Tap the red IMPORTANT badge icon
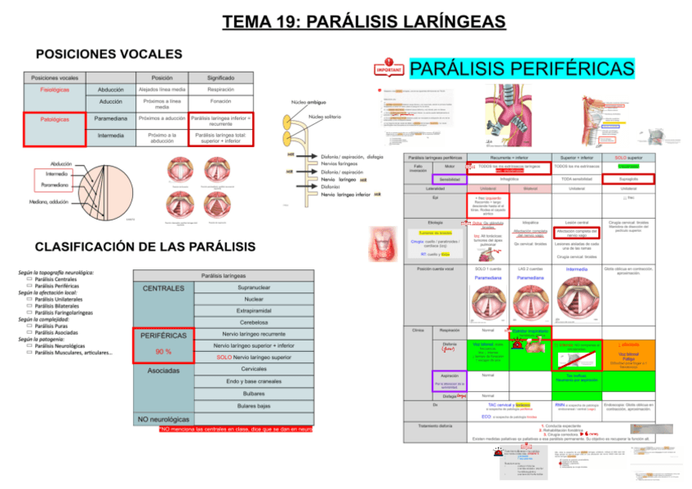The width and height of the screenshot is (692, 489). pos(389,69)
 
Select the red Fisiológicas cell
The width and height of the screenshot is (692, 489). pos(54,90)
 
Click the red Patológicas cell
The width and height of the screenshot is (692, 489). pos(54,119)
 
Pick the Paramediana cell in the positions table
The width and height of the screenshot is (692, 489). pos(110,119)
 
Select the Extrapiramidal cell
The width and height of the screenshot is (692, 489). pos(254,311)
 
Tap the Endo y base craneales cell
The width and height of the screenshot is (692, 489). pos(254,381)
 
